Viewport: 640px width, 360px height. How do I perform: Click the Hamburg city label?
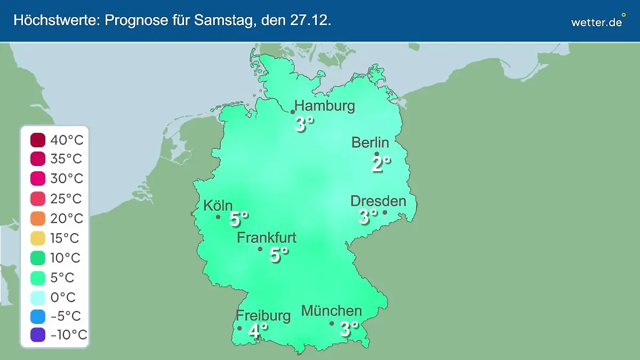pyautogui.click(x=324, y=106)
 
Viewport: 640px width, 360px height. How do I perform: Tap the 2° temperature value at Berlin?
pyautogui.click(x=381, y=164)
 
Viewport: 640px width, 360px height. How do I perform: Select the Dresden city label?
pyautogui.click(x=378, y=201)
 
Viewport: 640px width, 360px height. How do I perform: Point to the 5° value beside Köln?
pyautogui.click(x=239, y=219)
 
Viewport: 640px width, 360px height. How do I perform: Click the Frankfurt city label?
pyautogui.click(x=267, y=237)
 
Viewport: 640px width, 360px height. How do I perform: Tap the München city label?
pyautogui.click(x=332, y=310)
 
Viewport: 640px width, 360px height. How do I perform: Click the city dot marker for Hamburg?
pyautogui.click(x=293, y=112)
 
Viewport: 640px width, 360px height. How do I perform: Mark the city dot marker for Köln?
pyautogui.click(x=218, y=217)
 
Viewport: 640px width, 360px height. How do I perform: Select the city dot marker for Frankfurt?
pyautogui.click(x=260, y=249)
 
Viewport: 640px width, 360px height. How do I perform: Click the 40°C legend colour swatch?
pyautogui.click(x=38, y=140)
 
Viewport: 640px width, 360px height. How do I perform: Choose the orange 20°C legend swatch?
pyautogui.click(x=38, y=219)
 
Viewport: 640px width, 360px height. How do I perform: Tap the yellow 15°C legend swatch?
pyautogui.click(x=38, y=238)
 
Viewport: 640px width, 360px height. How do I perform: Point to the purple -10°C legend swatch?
pyautogui.click(x=38, y=335)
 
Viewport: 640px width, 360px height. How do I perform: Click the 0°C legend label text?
pyautogui.click(x=63, y=297)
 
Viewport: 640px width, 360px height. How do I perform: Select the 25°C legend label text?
pyautogui.click(x=66, y=199)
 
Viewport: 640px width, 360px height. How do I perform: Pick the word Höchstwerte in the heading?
pyautogui.click(x=56, y=21)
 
